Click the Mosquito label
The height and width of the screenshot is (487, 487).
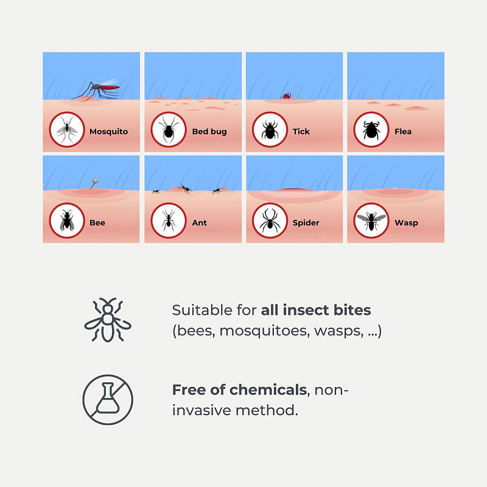point(109,131)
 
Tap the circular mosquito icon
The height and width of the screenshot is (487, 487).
point(67,130)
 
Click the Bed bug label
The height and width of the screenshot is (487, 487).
point(209,131)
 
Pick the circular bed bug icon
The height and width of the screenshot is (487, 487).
point(169,130)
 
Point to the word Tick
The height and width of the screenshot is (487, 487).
point(301,131)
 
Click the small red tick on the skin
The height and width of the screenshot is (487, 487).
point(286,96)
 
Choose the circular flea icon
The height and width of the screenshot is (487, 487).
point(371,130)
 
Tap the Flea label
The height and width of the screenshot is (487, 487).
point(403,131)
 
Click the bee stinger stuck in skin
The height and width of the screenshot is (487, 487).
point(94,184)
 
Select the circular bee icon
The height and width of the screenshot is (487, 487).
point(67,220)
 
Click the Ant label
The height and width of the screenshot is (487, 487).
point(200,223)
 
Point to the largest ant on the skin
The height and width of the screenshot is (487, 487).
point(186,189)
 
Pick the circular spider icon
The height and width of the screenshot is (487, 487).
point(270,220)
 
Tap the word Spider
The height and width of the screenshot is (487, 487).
point(306,223)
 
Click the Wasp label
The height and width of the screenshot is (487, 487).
point(406,223)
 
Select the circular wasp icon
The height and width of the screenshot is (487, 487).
point(371,220)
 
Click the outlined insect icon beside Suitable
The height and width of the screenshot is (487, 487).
point(108,320)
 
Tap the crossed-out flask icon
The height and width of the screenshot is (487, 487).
point(108,400)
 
